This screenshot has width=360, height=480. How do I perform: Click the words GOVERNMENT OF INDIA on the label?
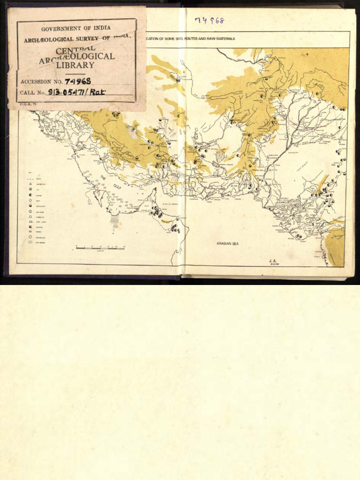click(76, 28)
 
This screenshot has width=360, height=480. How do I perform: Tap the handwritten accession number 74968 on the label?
click(78, 81)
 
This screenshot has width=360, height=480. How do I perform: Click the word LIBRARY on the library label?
click(75, 65)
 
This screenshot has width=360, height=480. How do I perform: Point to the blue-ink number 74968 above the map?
click(210, 20)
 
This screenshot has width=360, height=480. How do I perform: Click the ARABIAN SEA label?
click(227, 244)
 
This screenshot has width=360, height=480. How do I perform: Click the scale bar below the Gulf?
click(100, 247)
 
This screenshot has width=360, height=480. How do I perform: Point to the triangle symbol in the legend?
click(30, 184)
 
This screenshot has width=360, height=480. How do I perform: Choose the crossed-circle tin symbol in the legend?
click(30, 189)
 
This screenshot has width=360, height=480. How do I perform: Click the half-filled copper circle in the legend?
click(30, 195)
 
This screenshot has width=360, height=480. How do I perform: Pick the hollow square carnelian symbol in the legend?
click(30, 217)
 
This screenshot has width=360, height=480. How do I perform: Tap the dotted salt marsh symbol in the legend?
click(30, 242)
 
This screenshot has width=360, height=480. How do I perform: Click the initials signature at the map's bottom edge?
click(274, 262)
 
